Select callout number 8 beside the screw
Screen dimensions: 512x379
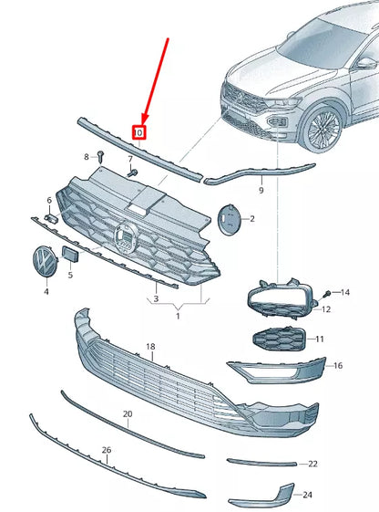click(87, 157)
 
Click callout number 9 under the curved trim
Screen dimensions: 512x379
click(261, 191)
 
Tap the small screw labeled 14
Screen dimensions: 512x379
click(326, 293)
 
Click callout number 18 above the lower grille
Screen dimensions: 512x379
click(150, 348)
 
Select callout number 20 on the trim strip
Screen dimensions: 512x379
click(128, 414)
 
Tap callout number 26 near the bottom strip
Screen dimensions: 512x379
click(107, 450)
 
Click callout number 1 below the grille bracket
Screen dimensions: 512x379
click(179, 315)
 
